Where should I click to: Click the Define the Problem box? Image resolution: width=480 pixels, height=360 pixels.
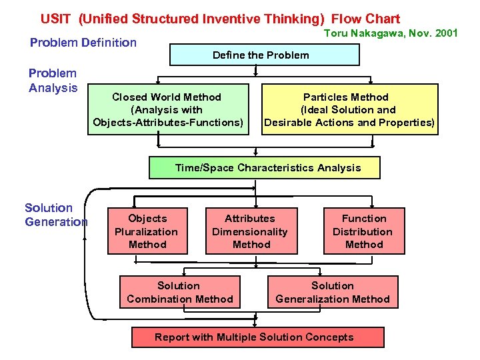260,55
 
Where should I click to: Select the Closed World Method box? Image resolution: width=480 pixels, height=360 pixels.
167,109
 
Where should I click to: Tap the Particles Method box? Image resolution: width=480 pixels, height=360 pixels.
349,109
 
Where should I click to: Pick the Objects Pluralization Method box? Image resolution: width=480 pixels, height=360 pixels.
147,231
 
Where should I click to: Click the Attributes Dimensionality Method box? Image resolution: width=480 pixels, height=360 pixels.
250,231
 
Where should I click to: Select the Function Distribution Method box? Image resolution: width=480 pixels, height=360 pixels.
363,231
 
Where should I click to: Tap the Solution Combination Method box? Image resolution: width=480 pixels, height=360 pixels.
179,292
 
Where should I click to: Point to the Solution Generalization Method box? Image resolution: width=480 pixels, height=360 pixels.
332,292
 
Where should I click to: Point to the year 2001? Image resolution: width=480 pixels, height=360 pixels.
444,33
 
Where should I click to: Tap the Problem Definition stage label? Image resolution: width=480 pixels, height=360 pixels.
83,43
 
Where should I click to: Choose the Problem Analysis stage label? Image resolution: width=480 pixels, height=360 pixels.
53,81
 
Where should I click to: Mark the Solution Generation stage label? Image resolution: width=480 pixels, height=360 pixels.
56,215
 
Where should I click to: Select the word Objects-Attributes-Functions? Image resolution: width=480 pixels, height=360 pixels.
167,123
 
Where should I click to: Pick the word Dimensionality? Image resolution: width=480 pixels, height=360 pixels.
250,232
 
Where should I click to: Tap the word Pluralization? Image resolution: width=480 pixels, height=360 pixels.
147,232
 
